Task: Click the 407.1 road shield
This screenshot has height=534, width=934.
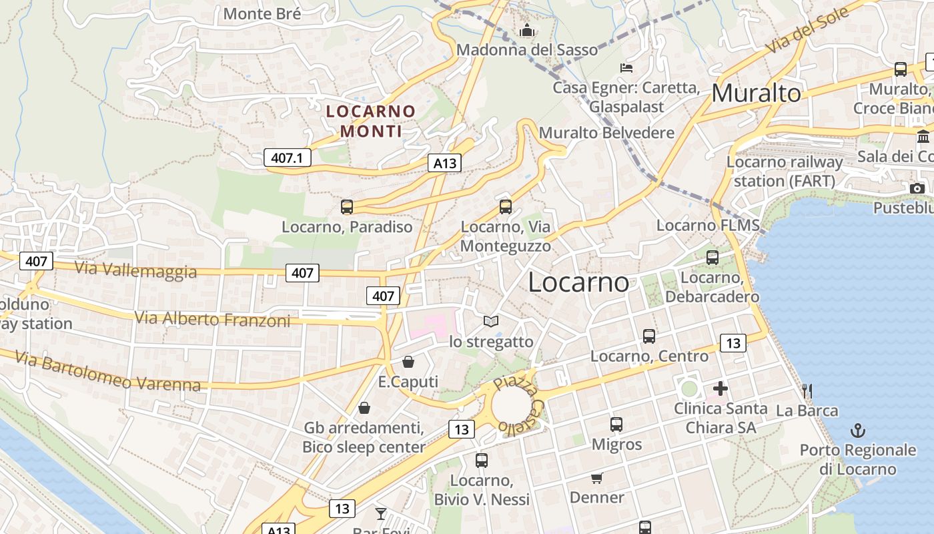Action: pyautogui.click(x=288, y=158)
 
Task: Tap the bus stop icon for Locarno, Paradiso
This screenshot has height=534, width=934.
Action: pyautogui.click(x=347, y=207)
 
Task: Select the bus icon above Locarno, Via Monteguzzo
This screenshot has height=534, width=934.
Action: pyautogui.click(x=506, y=207)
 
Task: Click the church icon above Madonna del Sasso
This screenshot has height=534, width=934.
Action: pyautogui.click(x=527, y=31)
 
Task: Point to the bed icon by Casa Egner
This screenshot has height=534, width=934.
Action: pyautogui.click(x=626, y=67)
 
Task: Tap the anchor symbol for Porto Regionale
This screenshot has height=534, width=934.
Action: pyautogui.click(x=858, y=431)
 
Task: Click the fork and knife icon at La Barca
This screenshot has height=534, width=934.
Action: pyautogui.click(x=807, y=390)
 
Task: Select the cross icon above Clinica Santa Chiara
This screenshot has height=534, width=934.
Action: pyautogui.click(x=721, y=388)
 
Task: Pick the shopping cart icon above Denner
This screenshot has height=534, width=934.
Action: pyautogui.click(x=596, y=478)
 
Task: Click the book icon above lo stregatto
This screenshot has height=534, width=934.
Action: pyautogui.click(x=491, y=322)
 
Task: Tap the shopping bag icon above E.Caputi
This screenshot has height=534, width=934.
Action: pyautogui.click(x=408, y=362)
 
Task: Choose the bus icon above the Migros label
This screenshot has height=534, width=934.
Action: pyautogui.click(x=616, y=425)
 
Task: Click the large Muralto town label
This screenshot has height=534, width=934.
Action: pyautogui.click(x=756, y=93)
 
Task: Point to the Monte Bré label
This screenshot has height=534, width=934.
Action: pyautogui.click(x=262, y=13)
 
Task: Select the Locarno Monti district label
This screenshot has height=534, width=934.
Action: pyautogui.click(x=371, y=121)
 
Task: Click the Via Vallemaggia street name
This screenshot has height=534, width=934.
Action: pyautogui.click(x=135, y=270)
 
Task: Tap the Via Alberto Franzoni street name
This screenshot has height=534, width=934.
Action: pyautogui.click(x=213, y=319)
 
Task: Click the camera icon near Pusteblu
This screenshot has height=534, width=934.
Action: pyautogui.click(x=917, y=188)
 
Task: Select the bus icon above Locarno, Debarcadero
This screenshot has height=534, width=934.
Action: pyautogui.click(x=713, y=257)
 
